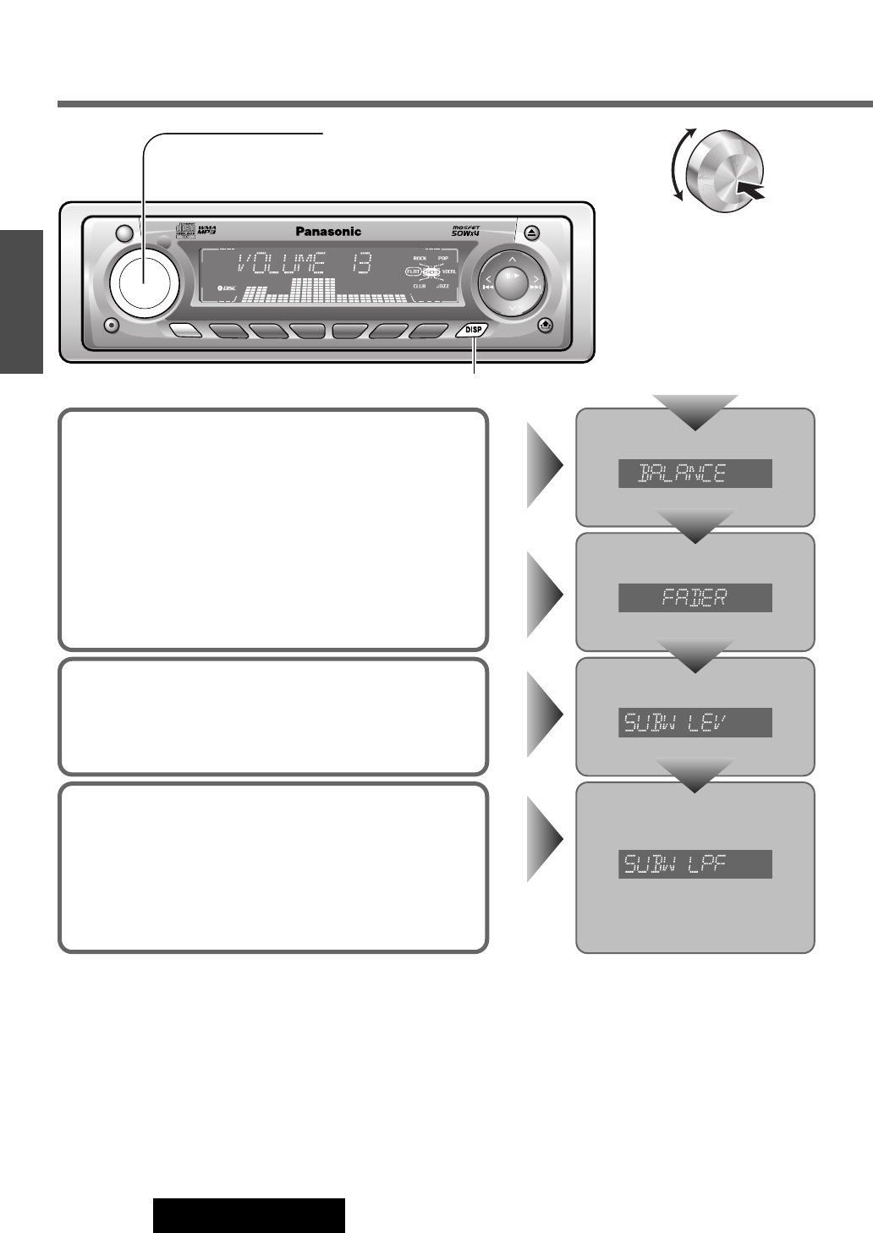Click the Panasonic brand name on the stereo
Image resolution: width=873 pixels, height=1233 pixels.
pos(328,232)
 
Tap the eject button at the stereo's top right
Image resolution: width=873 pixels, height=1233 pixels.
pos(531,231)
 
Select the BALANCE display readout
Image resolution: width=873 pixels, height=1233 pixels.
pos(695,474)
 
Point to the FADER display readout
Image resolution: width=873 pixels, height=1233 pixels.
pos(695,598)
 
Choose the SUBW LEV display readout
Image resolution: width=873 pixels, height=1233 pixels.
pos(695,722)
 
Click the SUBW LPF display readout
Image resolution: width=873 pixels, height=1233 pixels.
pos(695,864)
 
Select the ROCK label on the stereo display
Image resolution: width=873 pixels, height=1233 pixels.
pos(420,258)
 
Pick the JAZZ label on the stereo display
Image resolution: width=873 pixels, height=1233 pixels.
pos(442,287)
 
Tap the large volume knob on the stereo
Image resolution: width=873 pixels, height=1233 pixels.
pos(144,280)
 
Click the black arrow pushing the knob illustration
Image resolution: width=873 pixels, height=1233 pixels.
pos(750,190)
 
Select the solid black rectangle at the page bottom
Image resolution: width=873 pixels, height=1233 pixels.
pos(249,1214)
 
